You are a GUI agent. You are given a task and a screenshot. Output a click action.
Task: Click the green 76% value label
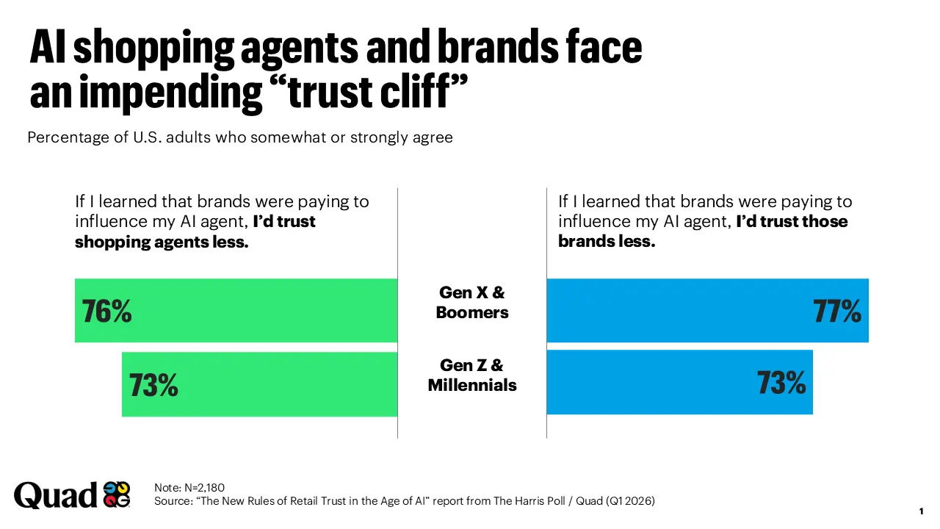(107, 312)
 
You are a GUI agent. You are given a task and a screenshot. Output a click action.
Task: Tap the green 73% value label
(153, 385)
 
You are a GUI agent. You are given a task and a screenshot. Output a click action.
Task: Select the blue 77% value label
(837, 312)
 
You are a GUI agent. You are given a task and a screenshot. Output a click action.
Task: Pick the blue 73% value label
(781, 383)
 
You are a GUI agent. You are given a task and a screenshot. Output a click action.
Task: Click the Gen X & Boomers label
(472, 303)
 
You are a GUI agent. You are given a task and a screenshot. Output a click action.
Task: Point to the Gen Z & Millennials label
(472, 375)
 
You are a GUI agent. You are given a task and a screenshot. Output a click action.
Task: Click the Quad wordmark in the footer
(55, 495)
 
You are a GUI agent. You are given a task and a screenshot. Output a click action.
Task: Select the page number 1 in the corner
(921, 511)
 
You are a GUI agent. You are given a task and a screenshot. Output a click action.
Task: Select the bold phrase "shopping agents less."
(162, 242)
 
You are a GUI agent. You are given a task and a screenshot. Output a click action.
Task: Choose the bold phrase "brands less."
(606, 241)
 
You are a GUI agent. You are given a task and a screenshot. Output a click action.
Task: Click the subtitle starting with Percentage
(240, 137)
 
